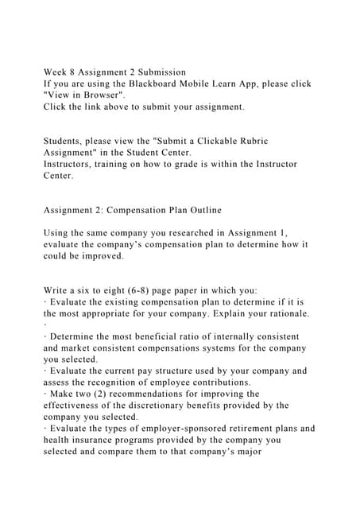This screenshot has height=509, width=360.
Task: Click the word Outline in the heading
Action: coord(201,210)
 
